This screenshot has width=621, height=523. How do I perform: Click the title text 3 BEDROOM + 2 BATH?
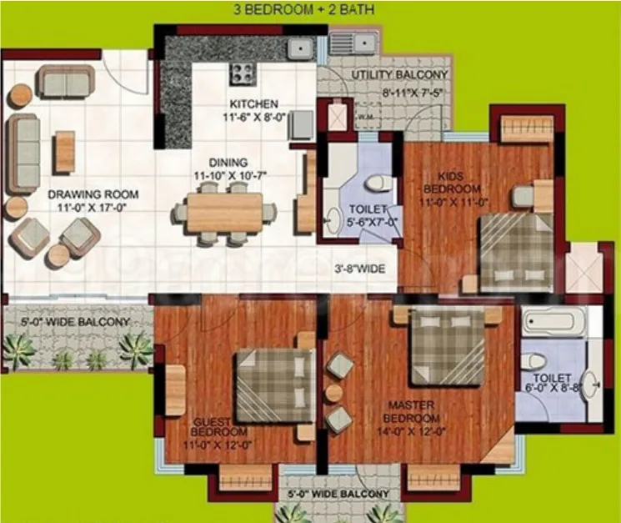[304, 9]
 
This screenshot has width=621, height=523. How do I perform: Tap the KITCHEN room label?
[254, 104]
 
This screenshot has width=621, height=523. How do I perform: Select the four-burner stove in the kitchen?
[243, 74]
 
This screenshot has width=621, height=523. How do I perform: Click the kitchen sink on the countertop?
[300, 48]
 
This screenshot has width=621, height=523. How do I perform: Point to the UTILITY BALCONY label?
[399, 74]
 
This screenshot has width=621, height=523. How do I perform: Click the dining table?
[224, 213]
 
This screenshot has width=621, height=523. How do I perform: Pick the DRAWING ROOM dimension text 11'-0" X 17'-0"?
[92, 207]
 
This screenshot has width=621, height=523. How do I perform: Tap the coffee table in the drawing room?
[65, 152]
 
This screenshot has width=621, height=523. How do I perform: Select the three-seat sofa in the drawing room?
[24, 153]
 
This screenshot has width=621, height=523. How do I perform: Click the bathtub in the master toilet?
[553, 321]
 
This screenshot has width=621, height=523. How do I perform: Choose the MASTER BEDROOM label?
[411, 412]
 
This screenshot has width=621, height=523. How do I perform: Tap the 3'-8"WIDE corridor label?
[360, 269]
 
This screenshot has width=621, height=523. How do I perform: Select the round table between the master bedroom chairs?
[334, 392]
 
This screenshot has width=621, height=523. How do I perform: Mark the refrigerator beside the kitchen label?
[303, 125]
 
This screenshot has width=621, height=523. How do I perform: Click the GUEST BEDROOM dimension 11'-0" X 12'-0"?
[218, 445]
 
